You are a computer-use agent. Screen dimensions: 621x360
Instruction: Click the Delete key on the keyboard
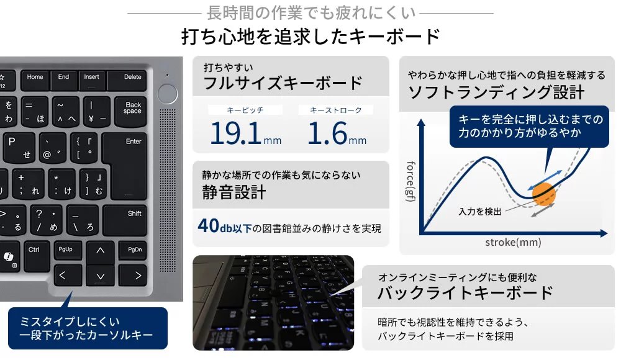127,80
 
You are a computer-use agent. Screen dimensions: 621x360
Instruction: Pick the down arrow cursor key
100,276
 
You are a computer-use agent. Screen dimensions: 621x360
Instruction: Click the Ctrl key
37,256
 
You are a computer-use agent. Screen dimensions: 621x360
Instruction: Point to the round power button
168,94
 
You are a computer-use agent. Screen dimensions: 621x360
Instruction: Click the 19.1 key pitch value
235,133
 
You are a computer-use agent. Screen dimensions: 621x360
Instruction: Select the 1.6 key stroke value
327,133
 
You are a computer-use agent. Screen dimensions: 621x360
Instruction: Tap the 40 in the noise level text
208,226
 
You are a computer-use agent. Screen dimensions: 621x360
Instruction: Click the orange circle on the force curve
543,194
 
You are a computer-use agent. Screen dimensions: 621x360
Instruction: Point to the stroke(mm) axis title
513,242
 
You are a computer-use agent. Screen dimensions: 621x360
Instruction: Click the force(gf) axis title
411,181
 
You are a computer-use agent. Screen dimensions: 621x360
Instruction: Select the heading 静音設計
233,192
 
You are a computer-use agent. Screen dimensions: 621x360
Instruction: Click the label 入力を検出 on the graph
480,212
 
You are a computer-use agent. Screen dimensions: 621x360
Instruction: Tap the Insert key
91,80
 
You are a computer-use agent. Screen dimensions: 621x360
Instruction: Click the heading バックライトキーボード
465,293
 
